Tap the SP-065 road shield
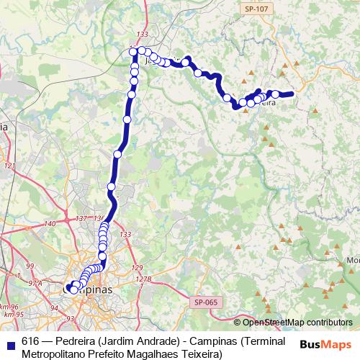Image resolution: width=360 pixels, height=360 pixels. pos(205,303)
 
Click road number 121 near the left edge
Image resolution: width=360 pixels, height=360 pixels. pos(9,166)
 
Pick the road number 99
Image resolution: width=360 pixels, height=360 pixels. pos(30,266)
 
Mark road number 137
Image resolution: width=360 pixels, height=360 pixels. pos(81,218)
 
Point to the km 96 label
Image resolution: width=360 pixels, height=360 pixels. pos(9,307)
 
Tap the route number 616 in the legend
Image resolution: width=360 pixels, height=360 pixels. pos(30,341)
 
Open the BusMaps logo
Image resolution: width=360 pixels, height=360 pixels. pos(326,344)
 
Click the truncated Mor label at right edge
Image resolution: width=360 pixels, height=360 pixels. pos(353,259)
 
